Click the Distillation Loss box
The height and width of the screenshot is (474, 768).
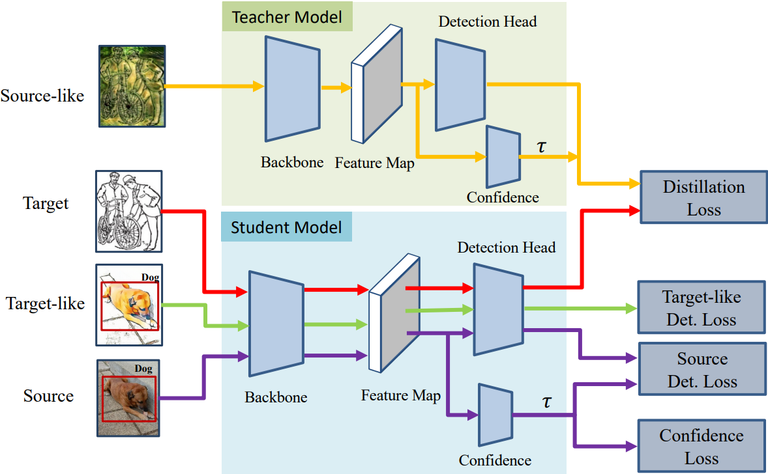[x=703, y=197]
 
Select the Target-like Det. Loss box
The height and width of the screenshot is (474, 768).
[x=701, y=308]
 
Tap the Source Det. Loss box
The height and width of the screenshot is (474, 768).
[x=702, y=370]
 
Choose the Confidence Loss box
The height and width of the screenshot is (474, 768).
[x=701, y=447]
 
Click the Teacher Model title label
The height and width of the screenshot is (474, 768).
[x=287, y=17]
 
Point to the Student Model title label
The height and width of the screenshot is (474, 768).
[x=286, y=227]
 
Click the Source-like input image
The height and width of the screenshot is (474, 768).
[x=132, y=85]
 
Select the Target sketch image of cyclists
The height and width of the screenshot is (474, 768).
[x=128, y=211]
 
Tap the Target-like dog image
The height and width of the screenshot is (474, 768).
[x=128, y=304]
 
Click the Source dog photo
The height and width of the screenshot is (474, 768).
[x=128, y=397]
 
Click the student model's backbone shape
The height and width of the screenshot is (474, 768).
[x=276, y=324]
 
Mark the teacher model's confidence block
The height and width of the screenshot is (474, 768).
[x=503, y=156]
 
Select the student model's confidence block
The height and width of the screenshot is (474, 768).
[x=495, y=415]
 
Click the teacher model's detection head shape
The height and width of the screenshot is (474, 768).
[x=460, y=85]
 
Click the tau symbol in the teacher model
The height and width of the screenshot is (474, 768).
[x=541, y=145]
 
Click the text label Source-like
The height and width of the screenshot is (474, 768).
[x=42, y=96]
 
